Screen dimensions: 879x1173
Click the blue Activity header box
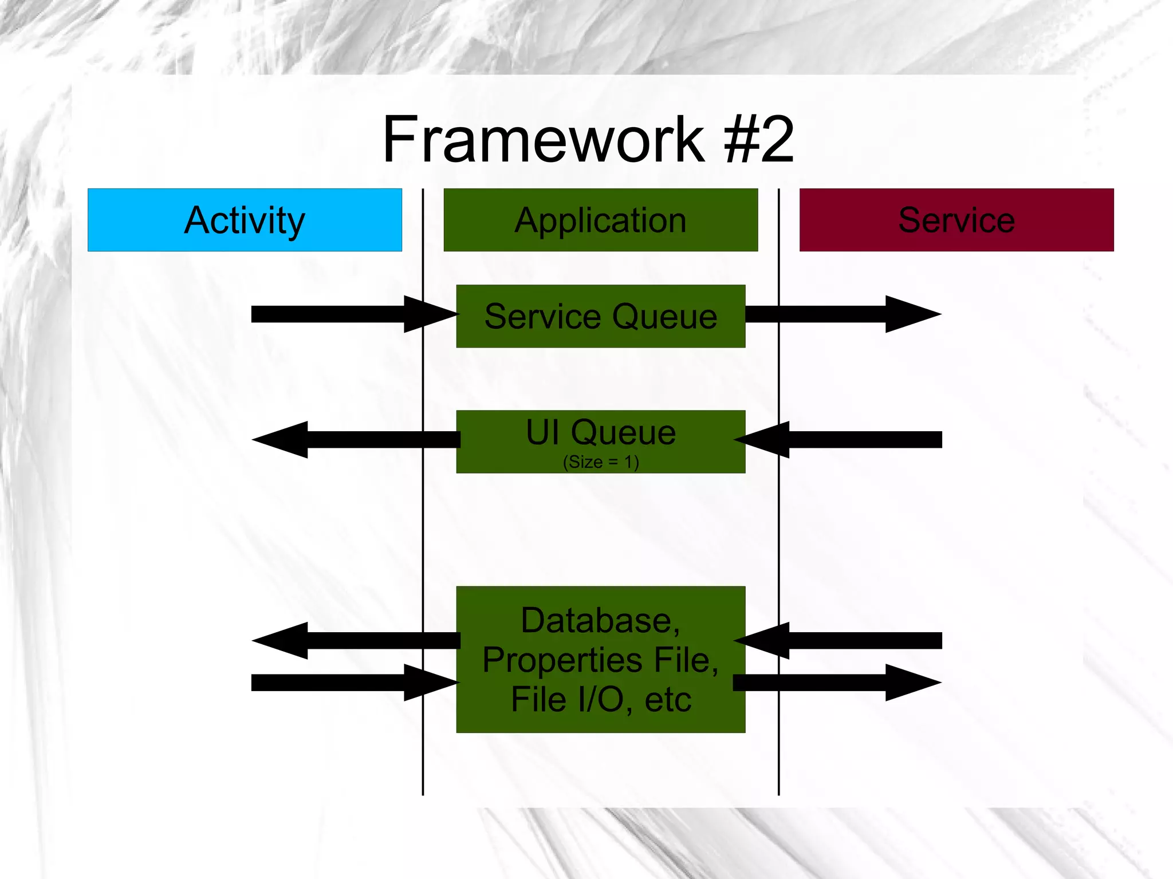[245, 220]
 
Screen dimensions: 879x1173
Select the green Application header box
[600, 220]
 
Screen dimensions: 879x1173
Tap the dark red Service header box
[956, 220]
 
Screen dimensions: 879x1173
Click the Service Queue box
[600, 316]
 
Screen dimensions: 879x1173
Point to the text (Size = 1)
[600, 462]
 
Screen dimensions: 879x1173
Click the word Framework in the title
[543, 139]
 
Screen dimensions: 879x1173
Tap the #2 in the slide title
[758, 139]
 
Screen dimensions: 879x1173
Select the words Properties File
[600, 660]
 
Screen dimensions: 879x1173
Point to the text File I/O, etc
[600, 699]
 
